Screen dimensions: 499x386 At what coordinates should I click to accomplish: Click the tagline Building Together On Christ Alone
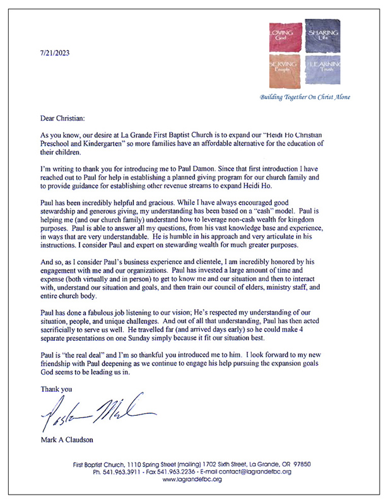[x=305, y=97]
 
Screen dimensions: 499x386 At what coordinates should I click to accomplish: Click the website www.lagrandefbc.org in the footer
[x=192, y=480]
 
